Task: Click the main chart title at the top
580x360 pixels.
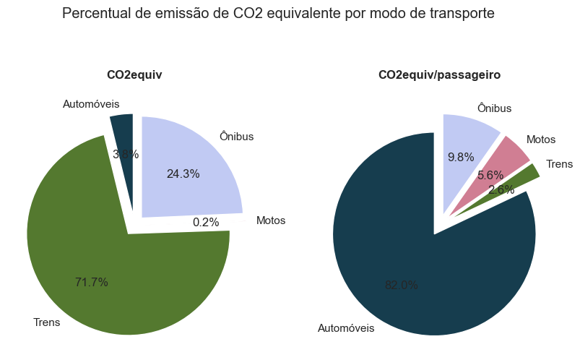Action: click(x=278, y=13)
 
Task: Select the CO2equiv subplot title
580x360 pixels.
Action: click(x=134, y=74)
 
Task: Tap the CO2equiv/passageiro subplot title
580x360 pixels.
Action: click(x=439, y=74)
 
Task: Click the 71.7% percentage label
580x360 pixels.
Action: click(x=91, y=282)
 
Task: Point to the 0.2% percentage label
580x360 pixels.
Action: click(x=206, y=222)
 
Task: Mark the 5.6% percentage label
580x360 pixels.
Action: click(x=490, y=175)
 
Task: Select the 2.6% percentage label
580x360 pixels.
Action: click(x=501, y=189)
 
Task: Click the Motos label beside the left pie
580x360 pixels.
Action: click(x=271, y=220)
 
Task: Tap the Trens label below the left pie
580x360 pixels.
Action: click(x=47, y=322)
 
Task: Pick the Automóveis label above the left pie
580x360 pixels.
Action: click(x=91, y=104)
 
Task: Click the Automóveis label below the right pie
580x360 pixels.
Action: click(x=346, y=328)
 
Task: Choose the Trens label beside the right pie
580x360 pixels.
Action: click(x=559, y=164)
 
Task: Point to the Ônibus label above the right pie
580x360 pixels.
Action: click(x=494, y=108)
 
